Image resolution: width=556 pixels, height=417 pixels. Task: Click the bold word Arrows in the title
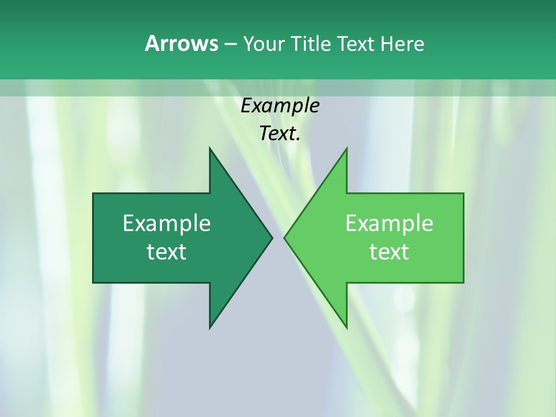181,43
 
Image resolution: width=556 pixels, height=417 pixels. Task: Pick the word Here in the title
402,43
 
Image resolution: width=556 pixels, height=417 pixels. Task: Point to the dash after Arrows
230,44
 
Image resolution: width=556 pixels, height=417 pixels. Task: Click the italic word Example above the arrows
280,105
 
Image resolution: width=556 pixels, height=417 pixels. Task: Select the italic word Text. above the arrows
280,133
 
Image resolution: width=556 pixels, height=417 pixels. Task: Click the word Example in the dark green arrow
167,224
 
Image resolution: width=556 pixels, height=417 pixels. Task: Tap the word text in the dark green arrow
167,252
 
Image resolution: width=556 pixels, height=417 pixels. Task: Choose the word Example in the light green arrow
389,224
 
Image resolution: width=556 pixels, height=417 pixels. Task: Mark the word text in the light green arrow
389,252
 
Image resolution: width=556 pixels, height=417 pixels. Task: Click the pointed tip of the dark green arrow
272,237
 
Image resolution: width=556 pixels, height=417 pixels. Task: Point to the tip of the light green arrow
284,237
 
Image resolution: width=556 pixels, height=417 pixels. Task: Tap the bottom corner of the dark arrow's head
210,327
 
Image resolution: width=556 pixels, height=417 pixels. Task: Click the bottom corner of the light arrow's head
346,327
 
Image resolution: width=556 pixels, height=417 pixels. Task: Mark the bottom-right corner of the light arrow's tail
463,282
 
